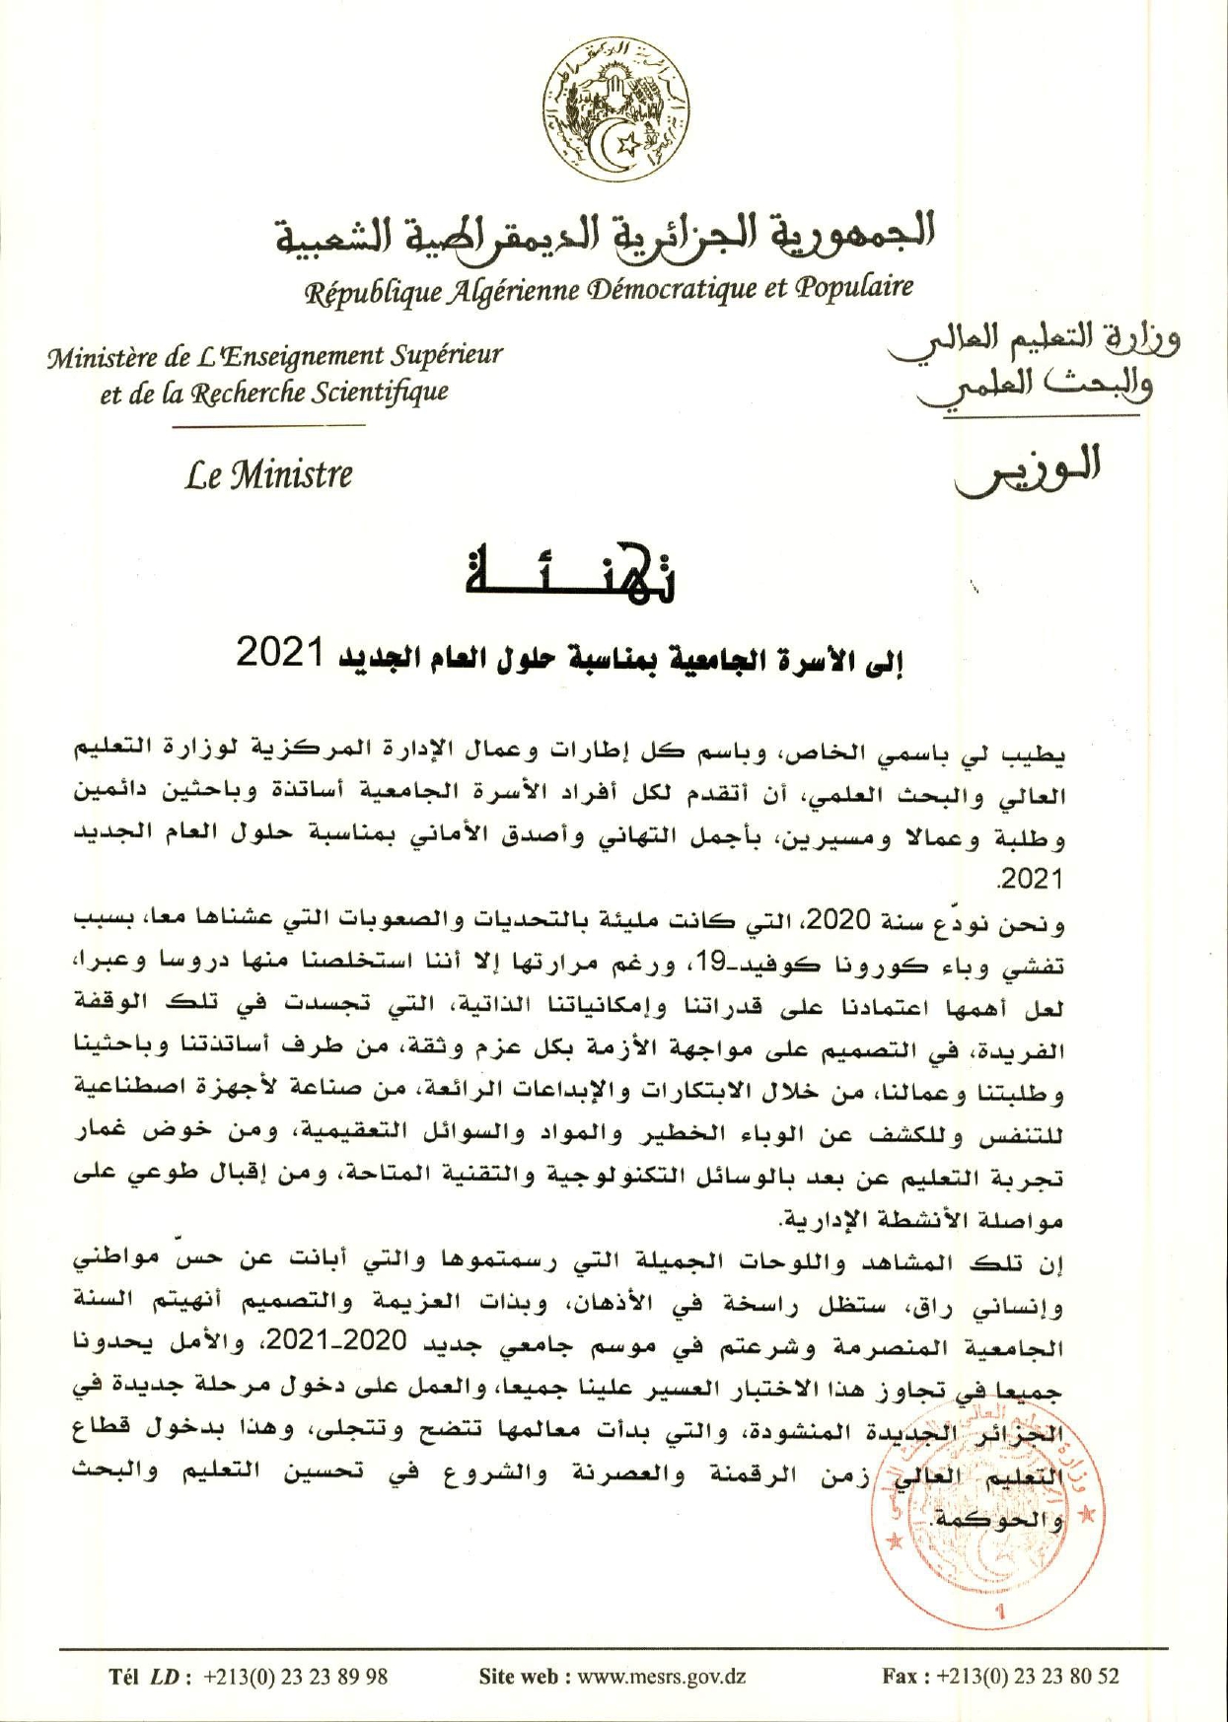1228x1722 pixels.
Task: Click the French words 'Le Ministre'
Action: [268, 475]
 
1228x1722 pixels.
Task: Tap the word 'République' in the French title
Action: [364, 292]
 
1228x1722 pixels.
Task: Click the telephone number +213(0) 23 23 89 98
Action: [295, 1675]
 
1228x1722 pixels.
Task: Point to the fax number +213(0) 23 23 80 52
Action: [1028, 1675]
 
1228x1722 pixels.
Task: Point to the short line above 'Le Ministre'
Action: [268, 426]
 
